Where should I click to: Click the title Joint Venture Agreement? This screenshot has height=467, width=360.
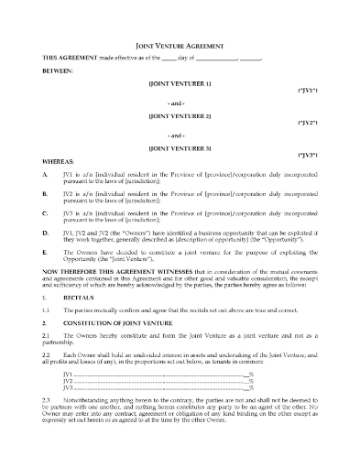(x=180, y=43)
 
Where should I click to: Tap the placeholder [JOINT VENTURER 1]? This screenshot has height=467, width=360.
(x=180, y=82)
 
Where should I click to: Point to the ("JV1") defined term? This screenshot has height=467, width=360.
(x=308, y=92)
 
